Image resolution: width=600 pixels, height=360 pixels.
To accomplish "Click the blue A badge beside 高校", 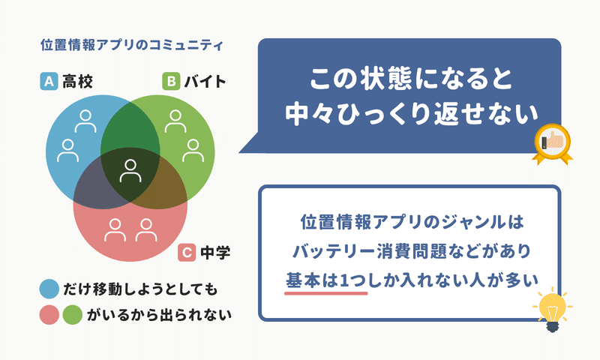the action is (49, 81).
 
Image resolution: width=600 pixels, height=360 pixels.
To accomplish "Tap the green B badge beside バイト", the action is (171, 81).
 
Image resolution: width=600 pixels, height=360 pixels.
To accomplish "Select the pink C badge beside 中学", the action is (187, 253).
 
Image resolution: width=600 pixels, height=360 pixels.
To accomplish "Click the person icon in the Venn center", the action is (130, 171).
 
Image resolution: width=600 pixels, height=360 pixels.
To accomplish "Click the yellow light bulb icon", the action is (552, 309).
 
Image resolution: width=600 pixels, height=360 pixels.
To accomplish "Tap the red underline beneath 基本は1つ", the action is (326, 293).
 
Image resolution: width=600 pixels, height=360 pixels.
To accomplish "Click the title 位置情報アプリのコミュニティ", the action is (132, 45).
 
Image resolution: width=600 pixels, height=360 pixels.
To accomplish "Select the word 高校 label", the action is (78, 82).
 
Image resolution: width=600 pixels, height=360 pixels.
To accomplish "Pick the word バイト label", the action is (205, 82).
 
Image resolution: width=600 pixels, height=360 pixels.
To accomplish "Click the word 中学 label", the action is (215, 253).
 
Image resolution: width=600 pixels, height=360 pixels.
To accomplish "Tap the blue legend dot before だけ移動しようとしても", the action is (49, 289).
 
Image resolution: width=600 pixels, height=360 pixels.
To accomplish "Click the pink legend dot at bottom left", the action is (49, 315).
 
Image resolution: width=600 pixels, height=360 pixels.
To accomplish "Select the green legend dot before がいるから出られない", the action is (73, 315).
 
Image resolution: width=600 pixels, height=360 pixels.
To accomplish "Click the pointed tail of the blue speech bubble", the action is (239, 152).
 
